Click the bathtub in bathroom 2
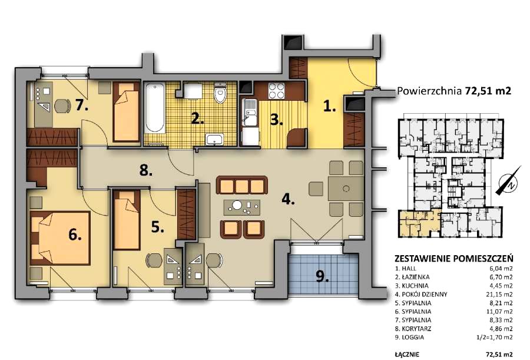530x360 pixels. point(155,108)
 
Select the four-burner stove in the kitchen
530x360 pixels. point(276,90)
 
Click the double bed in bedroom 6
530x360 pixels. point(60,238)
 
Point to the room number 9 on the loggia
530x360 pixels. point(322,277)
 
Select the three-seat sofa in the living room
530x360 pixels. point(241,185)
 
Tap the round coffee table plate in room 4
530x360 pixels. point(237,205)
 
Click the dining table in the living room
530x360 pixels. point(346,189)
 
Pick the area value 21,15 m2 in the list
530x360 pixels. point(499,295)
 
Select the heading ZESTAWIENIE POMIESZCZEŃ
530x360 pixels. point(453,259)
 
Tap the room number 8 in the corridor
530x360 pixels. point(145,170)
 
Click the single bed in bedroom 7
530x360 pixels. point(126,112)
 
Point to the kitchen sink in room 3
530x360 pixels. point(249,112)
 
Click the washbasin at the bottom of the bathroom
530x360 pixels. point(214,139)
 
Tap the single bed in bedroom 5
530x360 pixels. point(127,220)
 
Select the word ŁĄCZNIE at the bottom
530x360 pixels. point(407,354)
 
